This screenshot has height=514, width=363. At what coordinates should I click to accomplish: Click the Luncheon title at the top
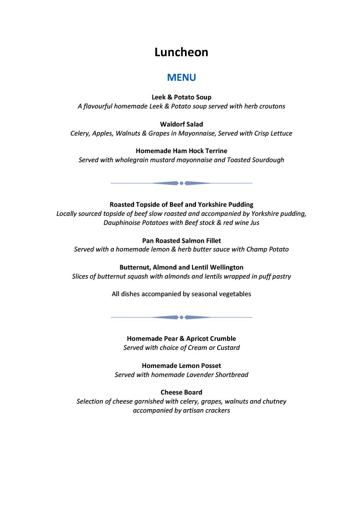click(181, 52)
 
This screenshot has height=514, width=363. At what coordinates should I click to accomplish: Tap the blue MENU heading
click(181, 78)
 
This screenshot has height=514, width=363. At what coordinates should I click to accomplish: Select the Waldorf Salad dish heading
click(181, 124)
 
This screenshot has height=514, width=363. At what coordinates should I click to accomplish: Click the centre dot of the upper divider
click(181, 183)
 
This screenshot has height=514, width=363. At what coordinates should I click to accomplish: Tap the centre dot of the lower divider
click(181, 317)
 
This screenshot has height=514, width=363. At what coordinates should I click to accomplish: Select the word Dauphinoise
click(124, 222)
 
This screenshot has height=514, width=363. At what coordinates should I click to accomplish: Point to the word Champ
click(256, 249)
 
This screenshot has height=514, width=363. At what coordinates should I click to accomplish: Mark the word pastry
click(280, 276)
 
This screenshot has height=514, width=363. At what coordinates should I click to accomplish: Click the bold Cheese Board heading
click(181, 392)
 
